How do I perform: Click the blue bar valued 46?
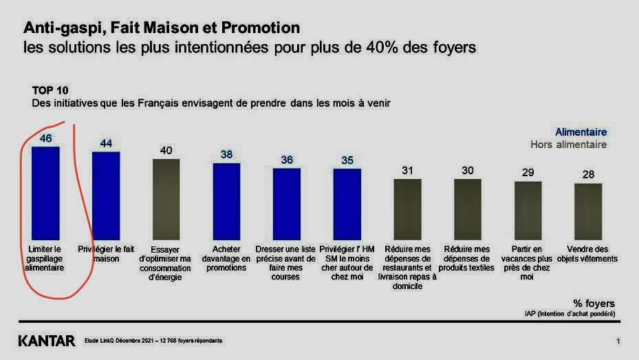(x=45, y=192)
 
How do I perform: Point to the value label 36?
(x=287, y=160)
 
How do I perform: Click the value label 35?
(x=347, y=161)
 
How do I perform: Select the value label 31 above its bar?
(x=407, y=171)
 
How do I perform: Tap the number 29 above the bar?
(x=528, y=173)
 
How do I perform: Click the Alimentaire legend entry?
(x=581, y=132)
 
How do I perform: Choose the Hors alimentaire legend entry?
(x=568, y=145)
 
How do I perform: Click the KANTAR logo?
(x=46, y=341)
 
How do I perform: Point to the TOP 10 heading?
(x=50, y=90)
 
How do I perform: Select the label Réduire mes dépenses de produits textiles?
(x=467, y=258)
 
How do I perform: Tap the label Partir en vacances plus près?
(x=528, y=262)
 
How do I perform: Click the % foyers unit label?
(x=594, y=303)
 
